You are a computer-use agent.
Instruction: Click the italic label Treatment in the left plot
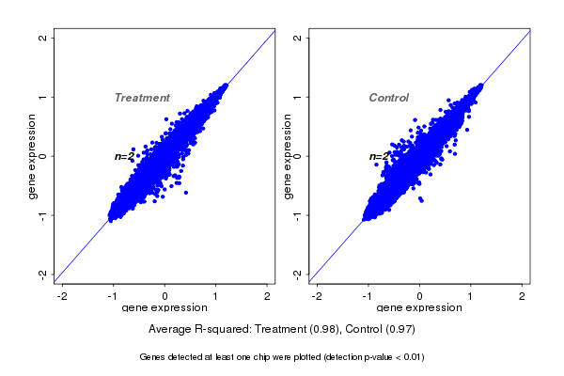click(142, 98)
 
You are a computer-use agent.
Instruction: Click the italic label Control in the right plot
click(389, 98)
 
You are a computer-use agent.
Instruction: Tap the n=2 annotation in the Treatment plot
click(124, 156)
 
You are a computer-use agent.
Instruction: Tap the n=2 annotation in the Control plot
click(379, 156)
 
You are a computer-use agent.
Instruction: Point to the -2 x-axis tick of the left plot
click(62, 296)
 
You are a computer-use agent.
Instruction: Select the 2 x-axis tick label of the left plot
click(268, 296)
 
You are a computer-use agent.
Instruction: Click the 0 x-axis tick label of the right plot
click(420, 296)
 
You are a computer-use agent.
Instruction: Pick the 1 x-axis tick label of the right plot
click(472, 296)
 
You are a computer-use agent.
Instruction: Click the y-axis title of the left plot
click(32, 156)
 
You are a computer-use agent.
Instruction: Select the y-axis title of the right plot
click(286, 156)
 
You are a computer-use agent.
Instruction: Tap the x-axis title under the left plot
click(164, 308)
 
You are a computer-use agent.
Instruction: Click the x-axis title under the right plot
click(419, 308)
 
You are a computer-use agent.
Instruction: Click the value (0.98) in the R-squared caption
click(326, 330)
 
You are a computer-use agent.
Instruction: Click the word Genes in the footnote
click(152, 357)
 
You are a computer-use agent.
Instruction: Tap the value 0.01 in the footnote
click(411, 357)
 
